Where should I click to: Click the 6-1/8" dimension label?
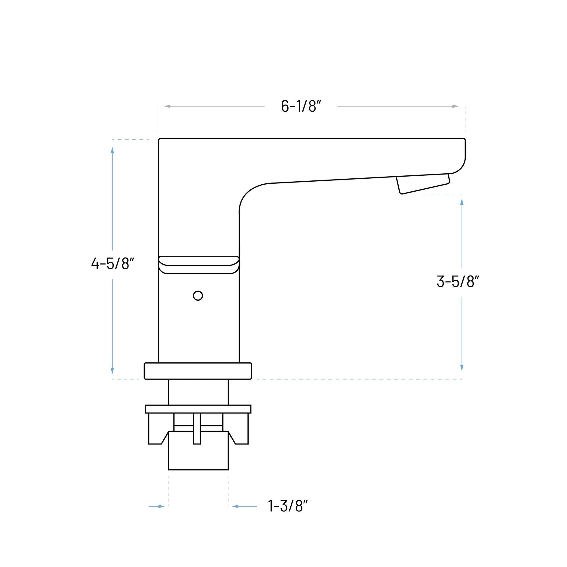301,106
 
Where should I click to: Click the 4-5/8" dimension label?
113,264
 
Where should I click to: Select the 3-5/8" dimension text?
457,281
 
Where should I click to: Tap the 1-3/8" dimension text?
288,506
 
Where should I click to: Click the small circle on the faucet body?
198,296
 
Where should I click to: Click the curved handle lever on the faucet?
198,265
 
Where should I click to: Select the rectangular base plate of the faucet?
198,371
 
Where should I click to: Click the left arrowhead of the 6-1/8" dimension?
167,106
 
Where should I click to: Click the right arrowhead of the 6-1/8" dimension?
455,106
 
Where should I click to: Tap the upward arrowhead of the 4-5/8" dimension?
112,150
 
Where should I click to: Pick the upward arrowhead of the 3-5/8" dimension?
462,202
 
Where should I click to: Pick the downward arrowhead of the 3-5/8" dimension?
462,368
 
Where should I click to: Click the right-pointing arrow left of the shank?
161,506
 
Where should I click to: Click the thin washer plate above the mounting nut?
198,409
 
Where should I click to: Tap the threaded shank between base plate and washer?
198,392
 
